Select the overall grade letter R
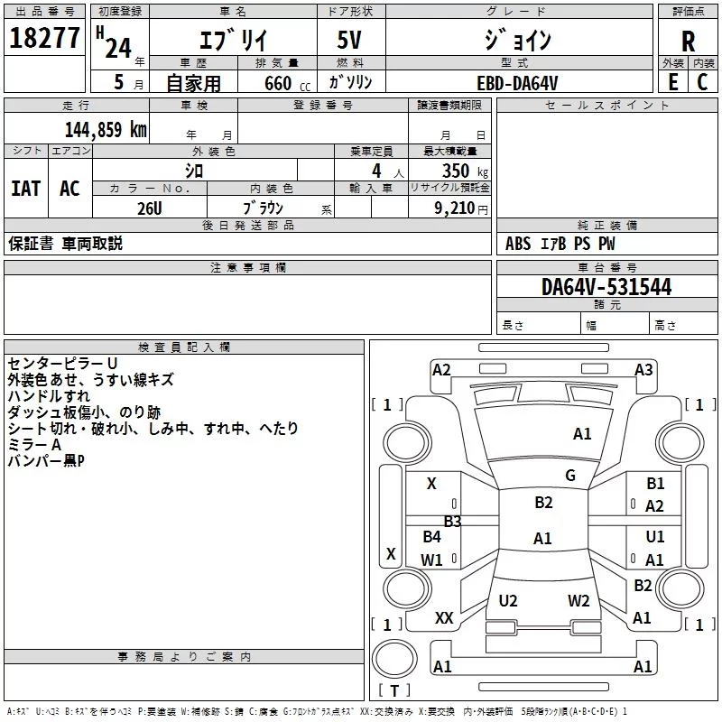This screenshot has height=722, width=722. tap(688, 42)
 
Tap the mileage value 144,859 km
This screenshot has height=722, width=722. tap(106, 129)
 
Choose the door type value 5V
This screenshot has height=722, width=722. tap(349, 42)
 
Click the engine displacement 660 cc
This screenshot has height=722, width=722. tap(273, 83)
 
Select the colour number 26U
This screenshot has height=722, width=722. tap(150, 207)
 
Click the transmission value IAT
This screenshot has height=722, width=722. tap(25, 188)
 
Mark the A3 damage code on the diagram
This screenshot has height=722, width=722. tap(643, 369)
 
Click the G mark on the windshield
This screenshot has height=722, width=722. tap(570, 475)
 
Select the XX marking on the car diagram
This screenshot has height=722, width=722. tap(444, 617)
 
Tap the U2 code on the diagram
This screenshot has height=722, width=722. tap(508, 600)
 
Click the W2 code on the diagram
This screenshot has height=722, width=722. tap(579, 600)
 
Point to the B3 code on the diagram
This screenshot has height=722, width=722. tap(452, 521)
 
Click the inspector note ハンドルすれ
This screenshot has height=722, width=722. tap(48, 396)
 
